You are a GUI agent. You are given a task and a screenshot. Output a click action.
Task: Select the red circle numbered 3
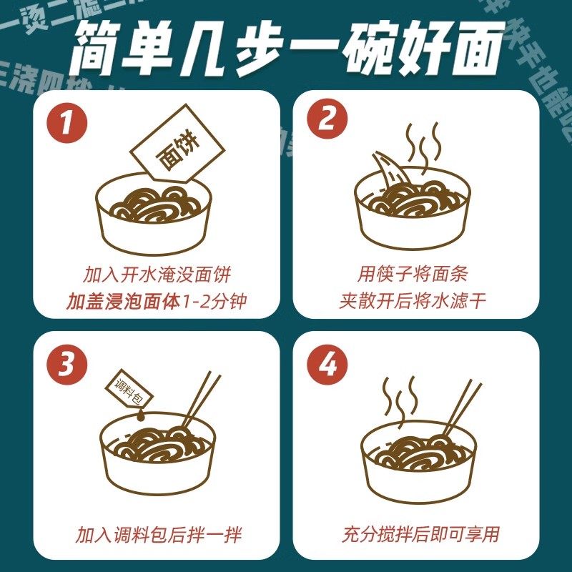click(x=66, y=365)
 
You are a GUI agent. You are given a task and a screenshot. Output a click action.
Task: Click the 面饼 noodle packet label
click(x=177, y=151)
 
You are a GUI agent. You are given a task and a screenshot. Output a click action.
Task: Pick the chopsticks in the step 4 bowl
click(x=458, y=408)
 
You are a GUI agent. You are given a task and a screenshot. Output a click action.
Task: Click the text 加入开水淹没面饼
click(x=157, y=275)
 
